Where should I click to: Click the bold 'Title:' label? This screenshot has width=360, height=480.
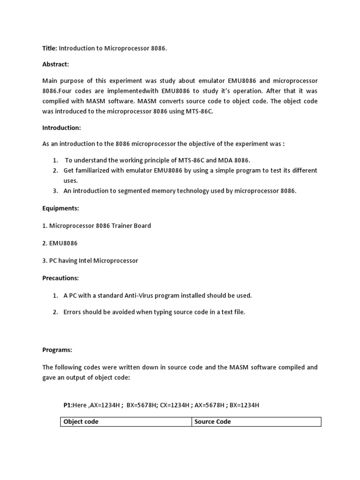(x=50, y=48)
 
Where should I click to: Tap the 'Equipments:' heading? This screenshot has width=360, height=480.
(x=59, y=208)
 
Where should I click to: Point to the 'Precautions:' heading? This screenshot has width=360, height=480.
(x=60, y=278)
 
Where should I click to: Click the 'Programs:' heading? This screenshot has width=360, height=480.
(x=58, y=350)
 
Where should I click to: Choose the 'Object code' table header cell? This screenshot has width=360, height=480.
(x=81, y=422)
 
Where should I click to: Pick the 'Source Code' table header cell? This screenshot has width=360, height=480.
(x=212, y=422)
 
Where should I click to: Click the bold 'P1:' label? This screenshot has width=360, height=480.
(x=68, y=405)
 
